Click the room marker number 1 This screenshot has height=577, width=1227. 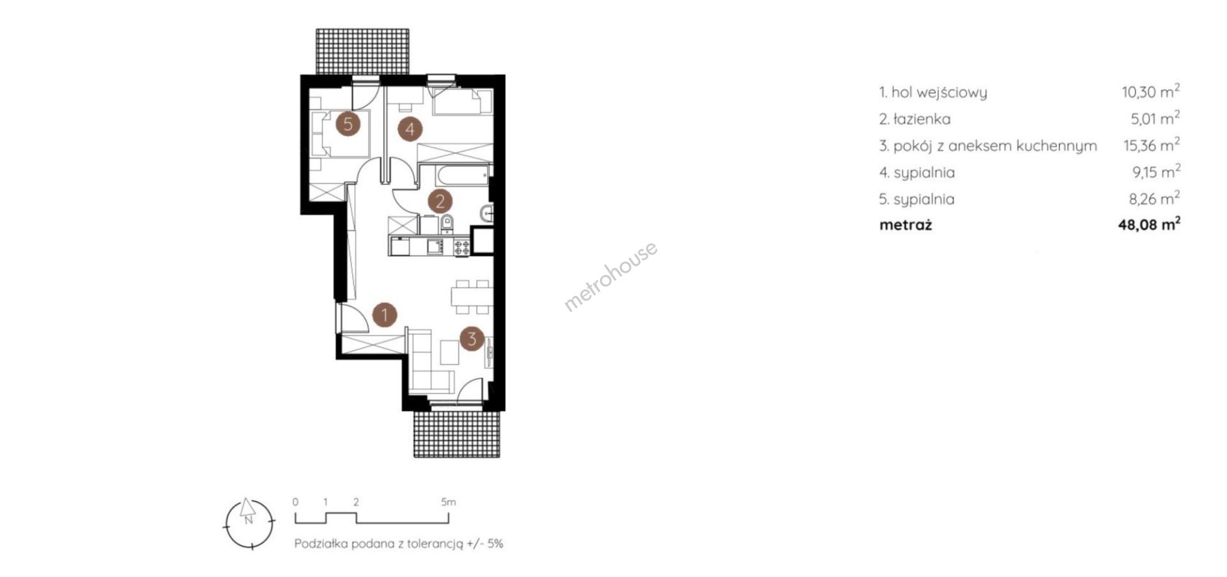click(385, 314)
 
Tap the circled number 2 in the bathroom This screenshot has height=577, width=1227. click(440, 202)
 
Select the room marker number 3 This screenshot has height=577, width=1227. click(472, 338)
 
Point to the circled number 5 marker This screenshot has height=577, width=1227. click(348, 123)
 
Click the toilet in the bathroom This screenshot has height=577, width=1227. click(447, 224)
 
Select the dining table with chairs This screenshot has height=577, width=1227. click(471, 296)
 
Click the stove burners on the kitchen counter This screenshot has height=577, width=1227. click(461, 247)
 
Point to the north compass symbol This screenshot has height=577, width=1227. click(249, 523)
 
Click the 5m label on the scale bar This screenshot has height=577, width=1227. click(448, 502)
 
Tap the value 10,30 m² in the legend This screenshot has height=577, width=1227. click(1150, 91)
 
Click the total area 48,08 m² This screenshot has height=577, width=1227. click(1149, 224)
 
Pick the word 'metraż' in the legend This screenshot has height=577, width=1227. click(906, 225)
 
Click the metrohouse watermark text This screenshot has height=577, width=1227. click(610, 276)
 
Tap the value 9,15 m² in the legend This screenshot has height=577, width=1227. click(1154, 172)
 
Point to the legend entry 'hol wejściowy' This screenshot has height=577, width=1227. click(939, 93)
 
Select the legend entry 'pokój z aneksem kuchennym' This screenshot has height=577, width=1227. click(995, 146)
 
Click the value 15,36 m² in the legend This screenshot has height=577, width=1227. click(1152, 145)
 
